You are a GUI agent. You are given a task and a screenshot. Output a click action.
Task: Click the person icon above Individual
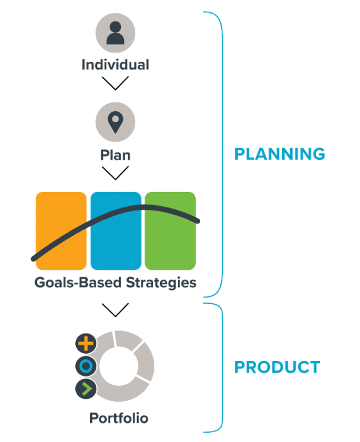(115, 33)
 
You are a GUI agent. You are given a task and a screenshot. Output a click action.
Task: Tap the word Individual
(115, 65)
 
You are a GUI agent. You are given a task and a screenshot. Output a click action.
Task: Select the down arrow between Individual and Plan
(115, 83)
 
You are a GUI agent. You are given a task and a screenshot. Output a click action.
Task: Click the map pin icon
(115, 122)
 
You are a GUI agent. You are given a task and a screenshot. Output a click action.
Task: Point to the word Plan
(115, 155)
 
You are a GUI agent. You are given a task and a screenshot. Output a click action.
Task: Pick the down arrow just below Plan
(115, 173)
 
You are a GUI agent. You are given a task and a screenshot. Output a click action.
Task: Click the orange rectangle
(61, 231)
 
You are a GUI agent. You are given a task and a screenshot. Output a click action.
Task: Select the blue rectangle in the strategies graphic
(116, 231)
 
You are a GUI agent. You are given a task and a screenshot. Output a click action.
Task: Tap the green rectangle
(170, 231)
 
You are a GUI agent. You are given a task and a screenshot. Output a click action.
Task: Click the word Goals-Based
(78, 283)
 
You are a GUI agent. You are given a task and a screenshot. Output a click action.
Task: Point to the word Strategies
(161, 283)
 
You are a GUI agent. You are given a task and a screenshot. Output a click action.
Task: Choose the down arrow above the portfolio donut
(115, 310)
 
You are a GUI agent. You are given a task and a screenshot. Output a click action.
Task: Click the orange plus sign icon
(86, 343)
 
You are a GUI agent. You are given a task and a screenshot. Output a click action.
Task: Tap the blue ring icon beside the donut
(86, 366)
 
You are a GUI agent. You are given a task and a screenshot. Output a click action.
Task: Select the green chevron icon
(86, 389)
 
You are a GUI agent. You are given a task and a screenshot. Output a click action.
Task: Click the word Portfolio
(119, 418)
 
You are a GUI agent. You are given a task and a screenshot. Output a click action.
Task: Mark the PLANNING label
(280, 154)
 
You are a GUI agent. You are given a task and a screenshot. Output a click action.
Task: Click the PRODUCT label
(277, 367)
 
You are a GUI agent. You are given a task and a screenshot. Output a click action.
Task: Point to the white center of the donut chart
(119, 366)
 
